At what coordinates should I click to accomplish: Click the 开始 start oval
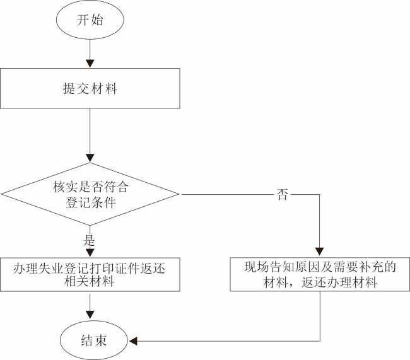click(90, 20)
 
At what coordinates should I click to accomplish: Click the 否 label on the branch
click(282, 195)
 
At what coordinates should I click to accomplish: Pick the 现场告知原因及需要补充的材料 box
click(320, 274)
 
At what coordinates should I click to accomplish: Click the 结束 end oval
click(93, 340)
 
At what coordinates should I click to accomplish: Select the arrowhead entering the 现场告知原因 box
click(320, 252)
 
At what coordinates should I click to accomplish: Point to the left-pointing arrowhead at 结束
click(133, 341)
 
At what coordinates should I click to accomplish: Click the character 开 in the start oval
click(83, 20)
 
